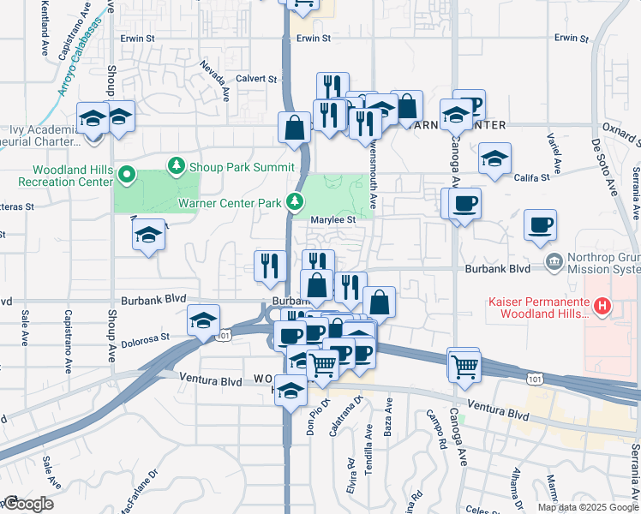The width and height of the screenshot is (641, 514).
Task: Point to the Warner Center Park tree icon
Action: (294, 202)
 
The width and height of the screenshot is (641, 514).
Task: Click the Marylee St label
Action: (332, 220)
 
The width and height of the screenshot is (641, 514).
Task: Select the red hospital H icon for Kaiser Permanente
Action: (602, 306)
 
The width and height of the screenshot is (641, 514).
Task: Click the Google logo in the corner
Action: (27, 504)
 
